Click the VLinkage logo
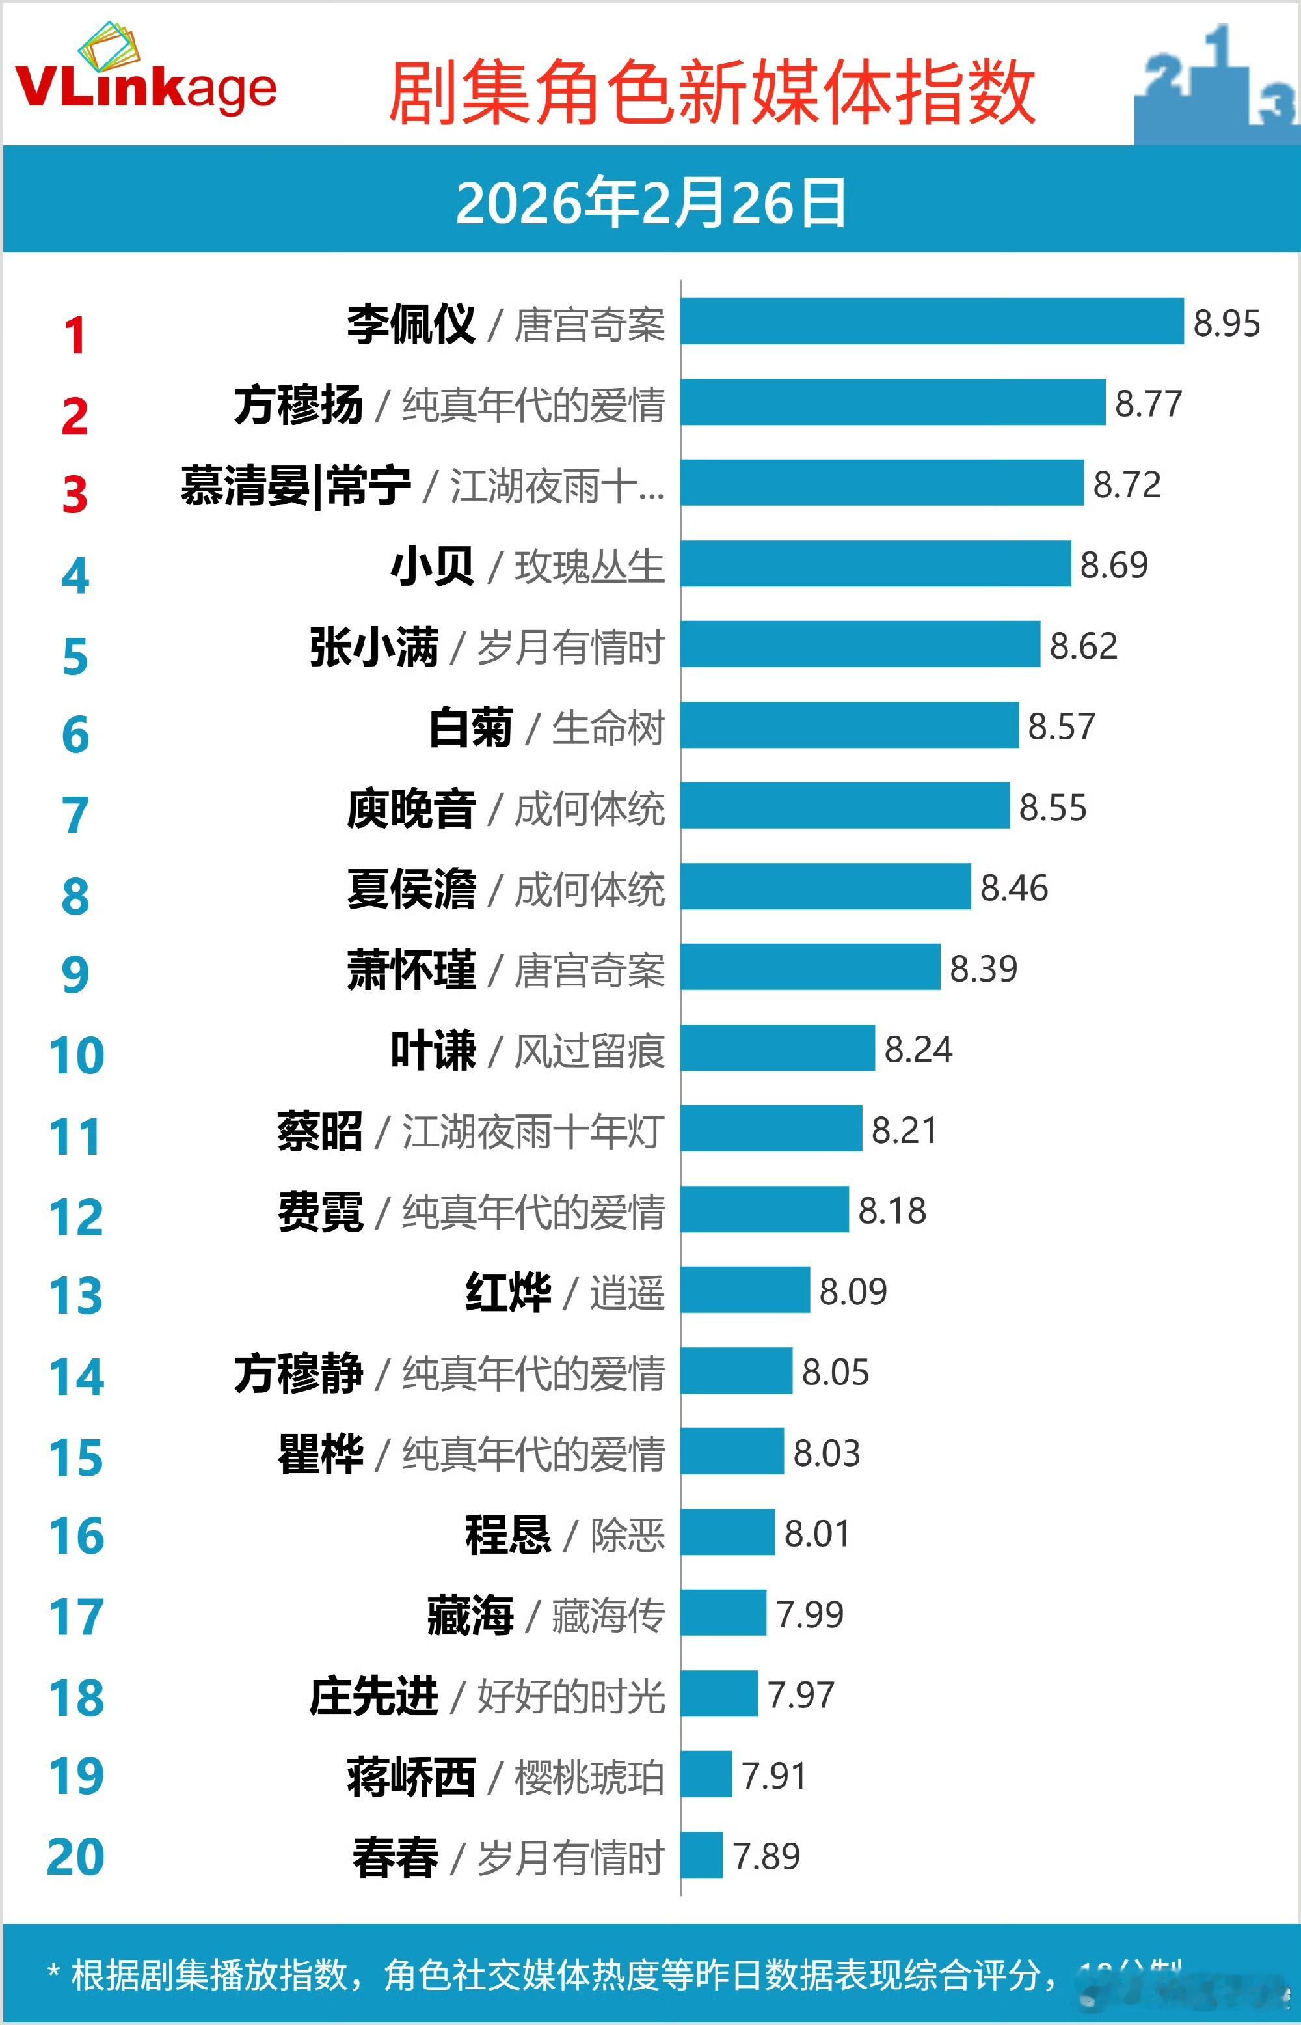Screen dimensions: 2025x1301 145,76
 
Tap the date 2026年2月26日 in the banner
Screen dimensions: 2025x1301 650,203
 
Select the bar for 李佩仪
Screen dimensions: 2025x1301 932,321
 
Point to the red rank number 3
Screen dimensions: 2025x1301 75,495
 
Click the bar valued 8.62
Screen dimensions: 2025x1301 860,644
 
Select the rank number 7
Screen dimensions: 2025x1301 75,816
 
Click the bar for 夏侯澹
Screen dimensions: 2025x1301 825,887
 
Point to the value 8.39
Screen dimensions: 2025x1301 984,969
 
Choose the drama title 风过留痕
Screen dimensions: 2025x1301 589,1051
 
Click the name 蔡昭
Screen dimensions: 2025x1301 320,1131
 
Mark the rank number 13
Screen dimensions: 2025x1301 76,1295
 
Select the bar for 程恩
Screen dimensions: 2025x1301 727,1532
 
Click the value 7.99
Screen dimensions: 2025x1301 809,1614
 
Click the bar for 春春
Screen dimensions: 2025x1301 701,1855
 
